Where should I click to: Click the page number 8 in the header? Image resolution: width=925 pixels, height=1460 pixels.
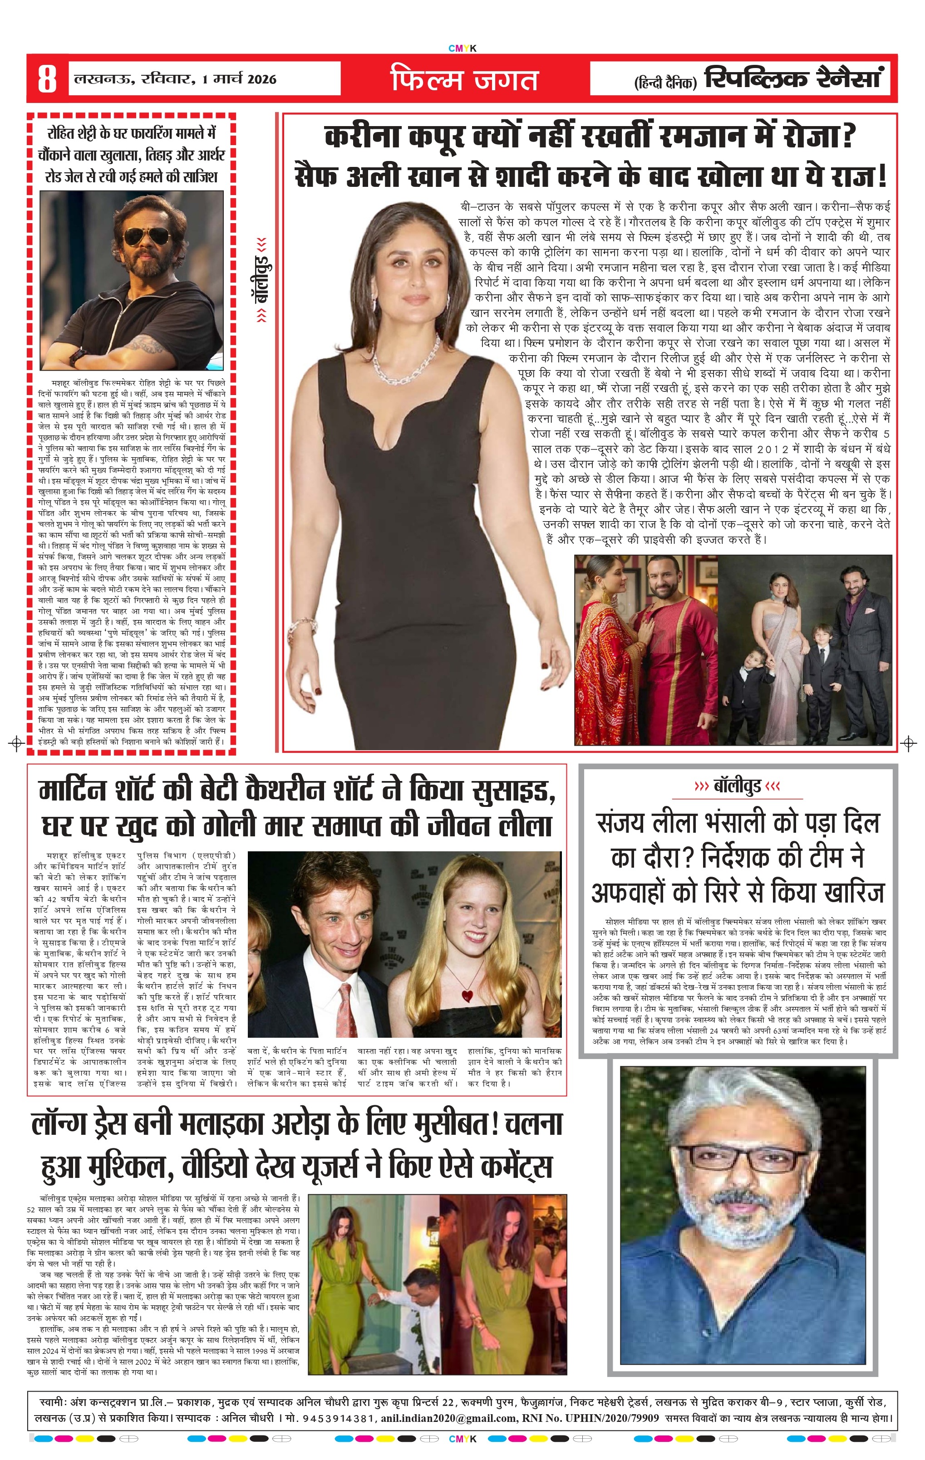point(47,79)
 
